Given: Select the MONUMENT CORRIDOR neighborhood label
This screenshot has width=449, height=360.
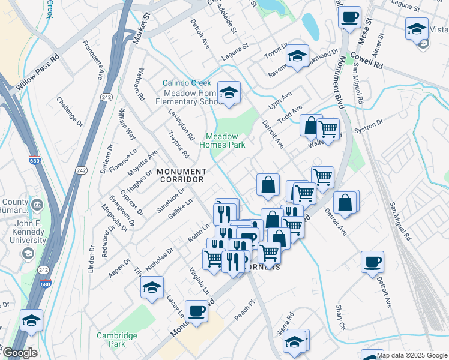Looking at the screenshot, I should (181, 175).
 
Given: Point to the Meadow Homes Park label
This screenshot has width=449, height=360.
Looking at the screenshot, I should (222, 140).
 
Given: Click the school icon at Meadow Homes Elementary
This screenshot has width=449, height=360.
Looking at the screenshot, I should (229, 94).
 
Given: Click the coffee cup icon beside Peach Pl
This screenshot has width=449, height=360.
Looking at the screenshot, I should (197, 311).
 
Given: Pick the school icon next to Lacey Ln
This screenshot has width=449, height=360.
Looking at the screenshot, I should (152, 288).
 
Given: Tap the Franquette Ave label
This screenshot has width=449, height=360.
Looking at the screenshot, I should (94, 60).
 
